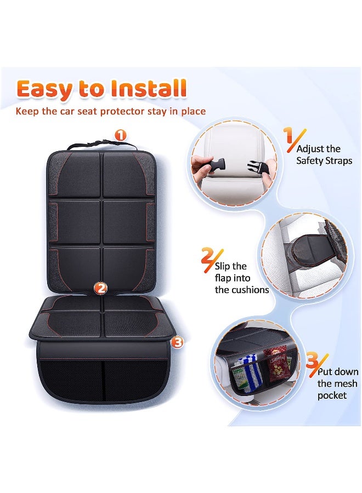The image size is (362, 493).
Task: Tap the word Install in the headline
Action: coord(150,89)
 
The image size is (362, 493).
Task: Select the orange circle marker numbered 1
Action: coord(120,135)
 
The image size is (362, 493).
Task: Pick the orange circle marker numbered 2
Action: coord(100,288)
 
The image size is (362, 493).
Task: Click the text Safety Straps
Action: coord(324,160)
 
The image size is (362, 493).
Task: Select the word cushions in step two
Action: coord(250,290)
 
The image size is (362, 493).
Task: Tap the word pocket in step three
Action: coord(332,395)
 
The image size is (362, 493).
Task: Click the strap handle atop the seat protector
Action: coord(101,145)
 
